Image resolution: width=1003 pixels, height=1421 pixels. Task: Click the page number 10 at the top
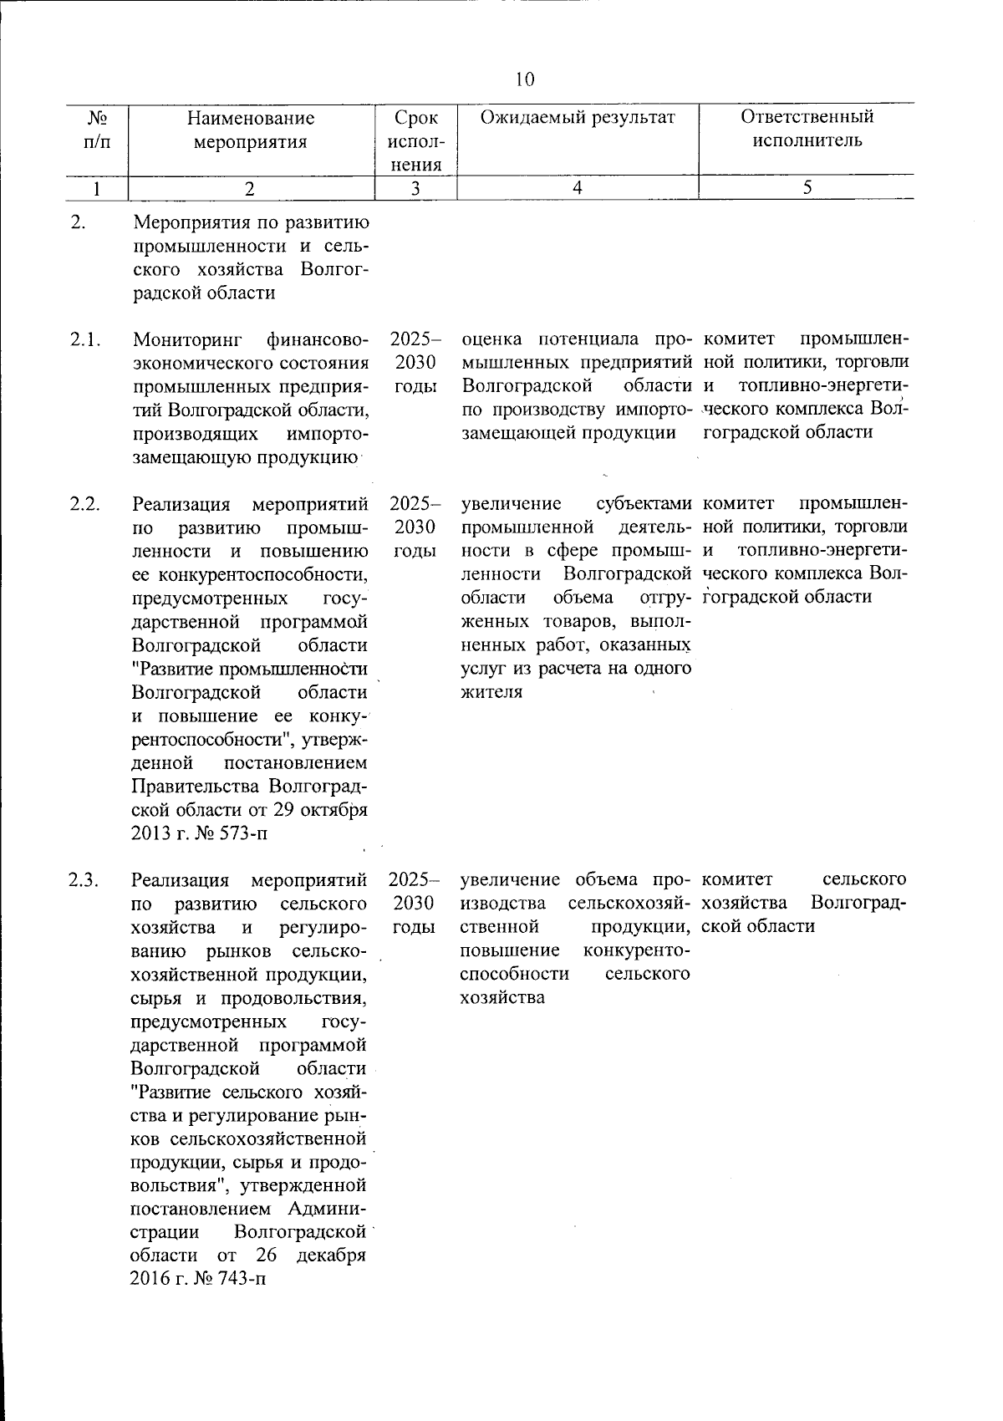pyautogui.click(x=525, y=79)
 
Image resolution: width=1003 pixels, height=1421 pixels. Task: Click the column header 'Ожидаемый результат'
pyautogui.click(x=577, y=117)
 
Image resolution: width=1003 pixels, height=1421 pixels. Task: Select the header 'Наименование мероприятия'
pyautogui.click(x=250, y=130)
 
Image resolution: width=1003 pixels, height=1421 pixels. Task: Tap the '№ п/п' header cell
pyautogui.click(x=97, y=130)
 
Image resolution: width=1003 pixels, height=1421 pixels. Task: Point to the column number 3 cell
pyautogui.click(x=415, y=189)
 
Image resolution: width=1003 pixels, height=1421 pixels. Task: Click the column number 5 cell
pyautogui.click(x=807, y=189)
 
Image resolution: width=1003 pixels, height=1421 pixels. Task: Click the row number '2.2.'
pyautogui.click(x=85, y=504)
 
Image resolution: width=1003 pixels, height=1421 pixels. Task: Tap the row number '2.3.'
pyautogui.click(x=85, y=879)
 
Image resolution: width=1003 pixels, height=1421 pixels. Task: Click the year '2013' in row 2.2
pyautogui.click(x=150, y=833)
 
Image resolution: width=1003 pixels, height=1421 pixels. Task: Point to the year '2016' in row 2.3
pyautogui.click(x=150, y=1280)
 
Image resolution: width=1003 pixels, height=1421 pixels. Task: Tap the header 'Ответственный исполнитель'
pyautogui.click(x=807, y=129)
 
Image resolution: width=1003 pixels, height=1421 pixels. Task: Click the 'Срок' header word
pyautogui.click(x=415, y=117)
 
